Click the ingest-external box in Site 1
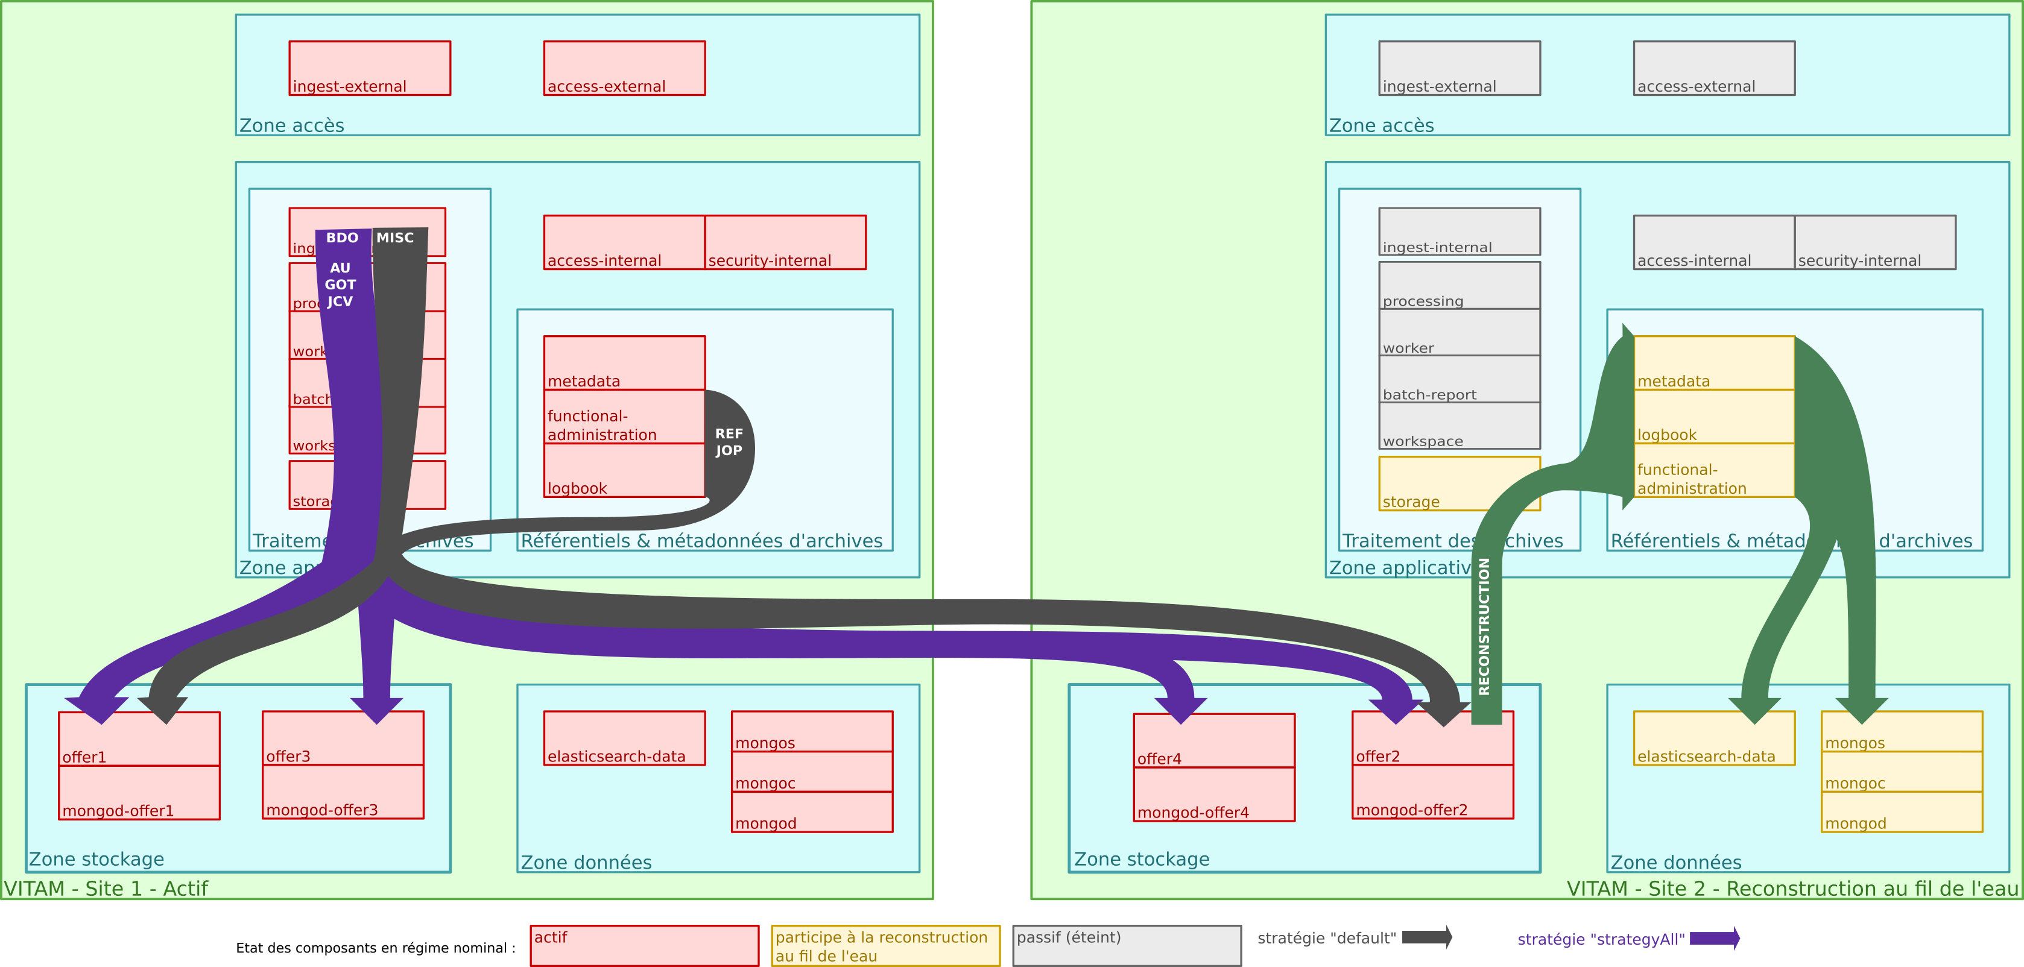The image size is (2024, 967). pyautogui.click(x=369, y=68)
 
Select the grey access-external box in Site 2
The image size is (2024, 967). pyautogui.click(x=1713, y=68)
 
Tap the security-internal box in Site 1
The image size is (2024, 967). pyautogui.click(x=785, y=243)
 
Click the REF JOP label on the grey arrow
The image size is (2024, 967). pyautogui.click(x=729, y=443)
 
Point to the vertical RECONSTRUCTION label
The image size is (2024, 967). pyautogui.click(x=1484, y=626)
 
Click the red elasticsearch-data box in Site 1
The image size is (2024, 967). pyautogui.click(x=624, y=739)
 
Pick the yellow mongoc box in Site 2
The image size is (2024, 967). pyautogui.click(x=1902, y=772)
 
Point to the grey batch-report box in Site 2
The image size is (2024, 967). pyautogui.click(x=1459, y=379)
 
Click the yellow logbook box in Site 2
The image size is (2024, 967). pyautogui.click(x=1713, y=417)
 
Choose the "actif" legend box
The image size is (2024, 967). pyautogui.click(x=644, y=945)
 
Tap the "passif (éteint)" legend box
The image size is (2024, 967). pyautogui.click(x=1127, y=945)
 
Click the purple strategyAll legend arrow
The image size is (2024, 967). pyautogui.click(x=1715, y=938)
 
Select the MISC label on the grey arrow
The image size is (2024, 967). pyautogui.click(x=395, y=238)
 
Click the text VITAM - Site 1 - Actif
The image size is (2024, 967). pyautogui.click(x=106, y=889)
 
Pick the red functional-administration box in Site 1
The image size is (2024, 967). pyautogui.click(x=624, y=417)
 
